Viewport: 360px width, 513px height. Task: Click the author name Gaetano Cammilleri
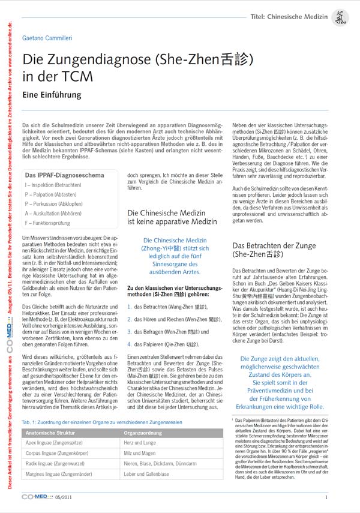click(47, 37)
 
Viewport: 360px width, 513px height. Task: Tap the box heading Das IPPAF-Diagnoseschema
click(64, 175)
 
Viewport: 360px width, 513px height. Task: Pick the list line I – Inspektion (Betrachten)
click(53, 185)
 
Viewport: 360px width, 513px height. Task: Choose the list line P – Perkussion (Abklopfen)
click(54, 204)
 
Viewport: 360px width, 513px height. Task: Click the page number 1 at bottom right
click(326, 497)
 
